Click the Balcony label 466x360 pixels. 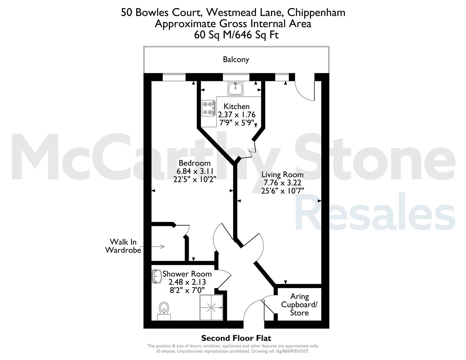236,60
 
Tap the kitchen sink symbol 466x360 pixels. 235,89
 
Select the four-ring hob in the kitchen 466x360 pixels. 208,108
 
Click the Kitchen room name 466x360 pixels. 237,106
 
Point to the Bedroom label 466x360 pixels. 195,163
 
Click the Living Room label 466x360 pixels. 282,175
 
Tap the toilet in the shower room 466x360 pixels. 164,311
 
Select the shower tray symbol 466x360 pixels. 211,307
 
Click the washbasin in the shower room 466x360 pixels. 157,277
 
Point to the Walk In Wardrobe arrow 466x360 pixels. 153,247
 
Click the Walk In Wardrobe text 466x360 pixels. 123,246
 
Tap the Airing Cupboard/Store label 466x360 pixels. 299,305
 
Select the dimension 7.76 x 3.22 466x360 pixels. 282,183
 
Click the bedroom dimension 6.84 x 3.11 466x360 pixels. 195,171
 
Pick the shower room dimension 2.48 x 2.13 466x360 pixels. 187,282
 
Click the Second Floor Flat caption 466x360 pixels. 236,338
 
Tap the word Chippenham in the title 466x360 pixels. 316,13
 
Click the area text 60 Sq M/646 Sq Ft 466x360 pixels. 236,35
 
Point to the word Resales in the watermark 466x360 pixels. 375,212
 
